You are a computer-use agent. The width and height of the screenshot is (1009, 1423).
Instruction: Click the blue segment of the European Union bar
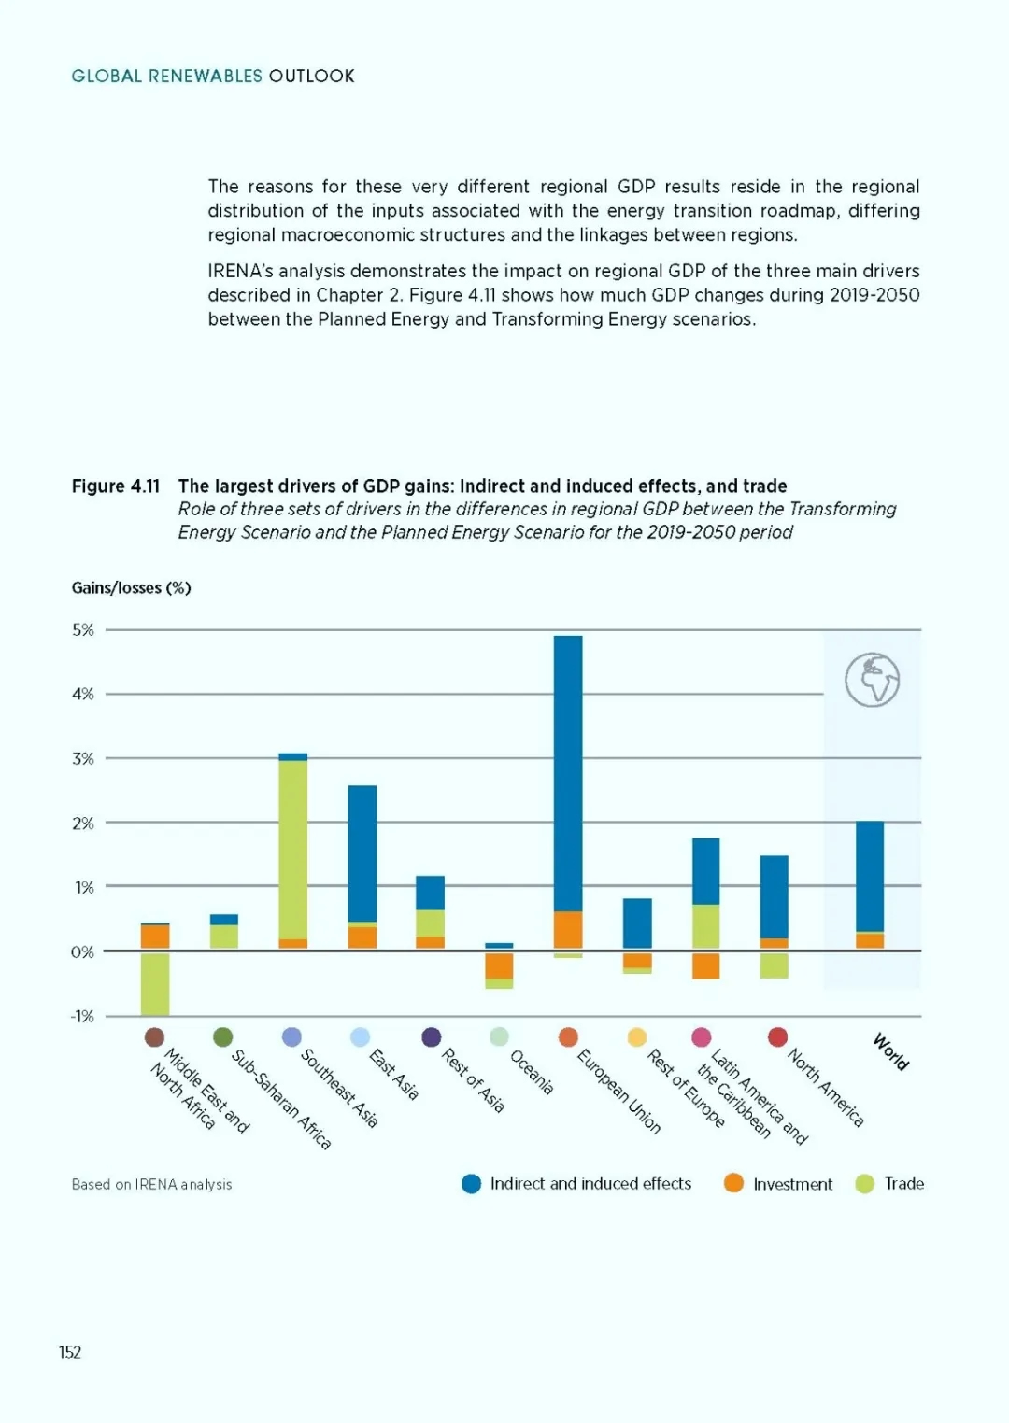click(x=568, y=773)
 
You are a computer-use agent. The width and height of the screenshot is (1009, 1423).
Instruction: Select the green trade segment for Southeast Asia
click(x=293, y=850)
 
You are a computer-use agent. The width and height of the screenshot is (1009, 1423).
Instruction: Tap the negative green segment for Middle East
click(x=155, y=984)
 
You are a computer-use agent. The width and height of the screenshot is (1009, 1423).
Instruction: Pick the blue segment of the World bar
click(x=870, y=876)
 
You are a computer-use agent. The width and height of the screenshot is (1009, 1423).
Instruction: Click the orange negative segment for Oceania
click(x=499, y=965)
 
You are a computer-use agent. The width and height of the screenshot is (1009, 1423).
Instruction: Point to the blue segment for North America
click(x=775, y=896)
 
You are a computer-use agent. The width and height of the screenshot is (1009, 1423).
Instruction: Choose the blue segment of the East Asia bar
click(x=362, y=853)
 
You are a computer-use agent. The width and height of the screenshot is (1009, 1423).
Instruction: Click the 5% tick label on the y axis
click(x=82, y=629)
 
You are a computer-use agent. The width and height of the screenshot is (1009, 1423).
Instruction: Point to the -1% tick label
click(x=82, y=1017)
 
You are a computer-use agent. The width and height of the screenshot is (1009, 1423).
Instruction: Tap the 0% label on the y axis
click(x=82, y=951)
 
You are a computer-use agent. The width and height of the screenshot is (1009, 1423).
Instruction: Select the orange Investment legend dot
click(x=733, y=1184)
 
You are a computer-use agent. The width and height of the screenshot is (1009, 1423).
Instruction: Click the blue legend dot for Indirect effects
click(x=471, y=1184)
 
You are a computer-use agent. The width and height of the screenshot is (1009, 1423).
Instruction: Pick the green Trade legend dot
click(x=865, y=1184)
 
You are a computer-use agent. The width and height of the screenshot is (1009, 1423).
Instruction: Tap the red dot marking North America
click(x=777, y=1036)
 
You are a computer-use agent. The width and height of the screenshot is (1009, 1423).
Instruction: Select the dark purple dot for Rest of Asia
click(x=432, y=1036)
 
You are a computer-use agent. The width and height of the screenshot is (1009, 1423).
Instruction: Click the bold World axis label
click(x=890, y=1052)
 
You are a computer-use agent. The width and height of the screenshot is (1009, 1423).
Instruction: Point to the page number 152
click(x=70, y=1352)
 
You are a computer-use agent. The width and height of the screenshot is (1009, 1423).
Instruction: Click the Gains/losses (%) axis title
click(x=131, y=588)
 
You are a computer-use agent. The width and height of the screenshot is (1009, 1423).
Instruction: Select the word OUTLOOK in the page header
click(x=311, y=77)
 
